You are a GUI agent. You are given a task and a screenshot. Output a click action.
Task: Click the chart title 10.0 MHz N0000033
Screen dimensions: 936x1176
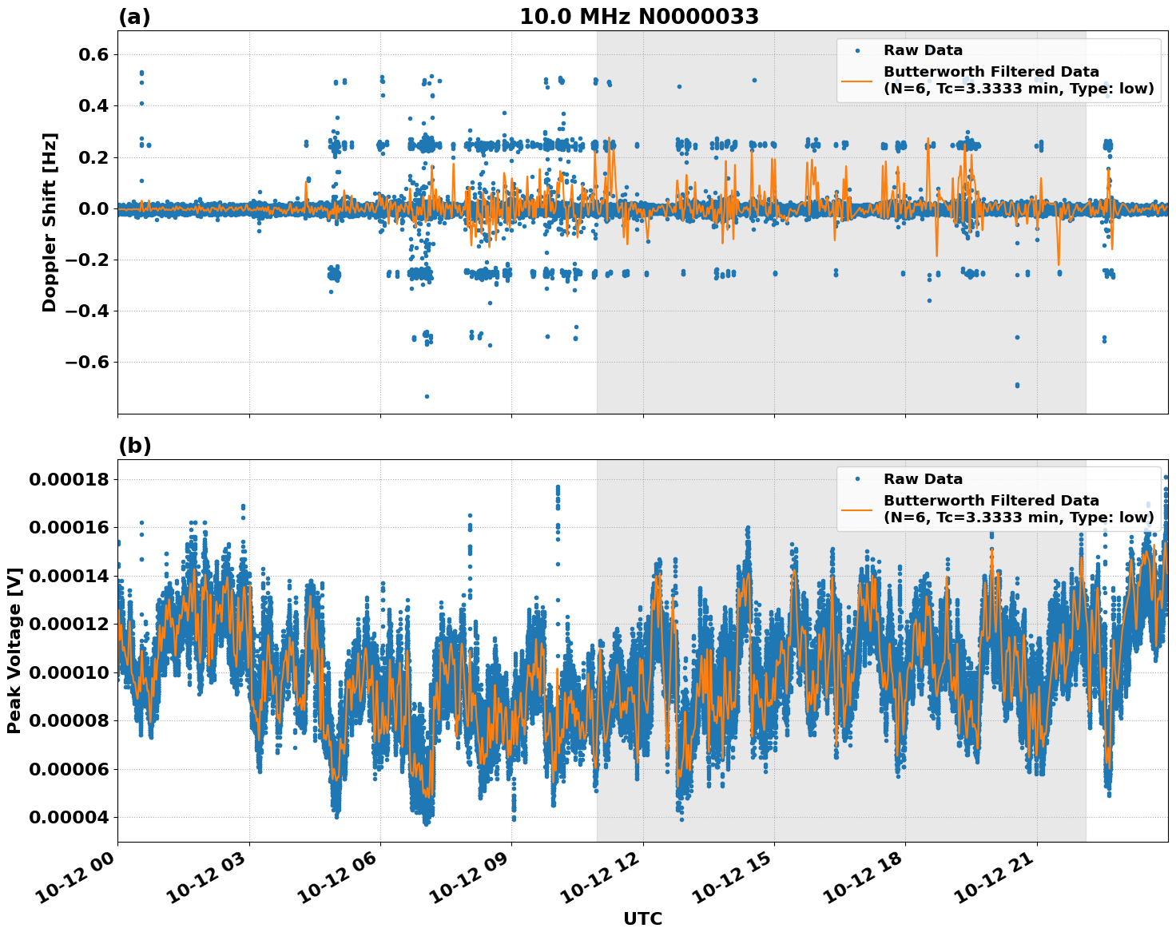(x=639, y=17)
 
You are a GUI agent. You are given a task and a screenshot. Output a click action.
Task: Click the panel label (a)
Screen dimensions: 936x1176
(x=134, y=17)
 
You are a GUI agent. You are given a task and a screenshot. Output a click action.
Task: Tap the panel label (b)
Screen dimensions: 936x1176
(x=134, y=446)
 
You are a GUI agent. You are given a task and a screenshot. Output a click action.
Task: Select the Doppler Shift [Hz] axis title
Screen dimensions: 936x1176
(x=50, y=222)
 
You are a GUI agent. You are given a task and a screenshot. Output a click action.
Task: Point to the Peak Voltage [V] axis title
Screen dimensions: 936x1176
(x=14, y=650)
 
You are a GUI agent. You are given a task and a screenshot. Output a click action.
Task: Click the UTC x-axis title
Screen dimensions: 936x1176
(x=642, y=918)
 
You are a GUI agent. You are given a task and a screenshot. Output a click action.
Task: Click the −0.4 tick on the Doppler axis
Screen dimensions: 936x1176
(x=80, y=311)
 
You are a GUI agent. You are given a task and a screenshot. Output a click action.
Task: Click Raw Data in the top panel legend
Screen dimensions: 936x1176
(x=923, y=50)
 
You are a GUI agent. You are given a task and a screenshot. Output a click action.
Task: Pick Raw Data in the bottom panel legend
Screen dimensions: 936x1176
(x=923, y=479)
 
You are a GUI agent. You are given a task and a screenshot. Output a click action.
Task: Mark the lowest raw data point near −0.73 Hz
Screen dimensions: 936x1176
(x=427, y=396)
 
